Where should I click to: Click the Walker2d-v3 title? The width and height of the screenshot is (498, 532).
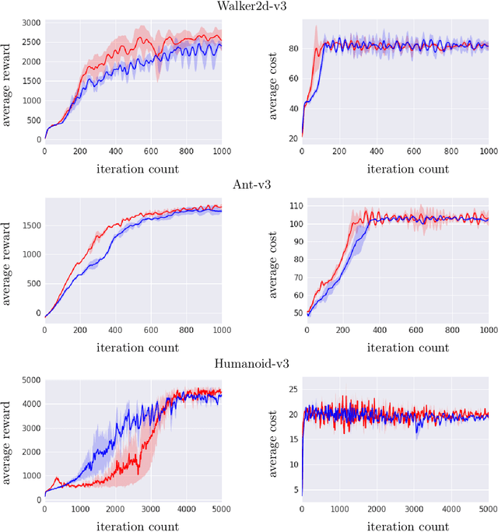click(x=249, y=7)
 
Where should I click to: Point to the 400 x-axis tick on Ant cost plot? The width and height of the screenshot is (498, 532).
click(x=378, y=330)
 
